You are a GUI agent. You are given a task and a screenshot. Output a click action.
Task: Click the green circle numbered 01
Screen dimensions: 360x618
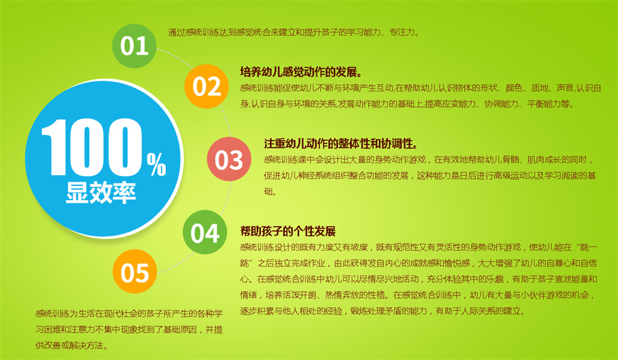(x=135, y=46)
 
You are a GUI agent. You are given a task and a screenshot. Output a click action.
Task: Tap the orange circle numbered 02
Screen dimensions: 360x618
(x=207, y=87)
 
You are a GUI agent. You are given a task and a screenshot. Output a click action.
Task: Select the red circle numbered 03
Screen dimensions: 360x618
(x=229, y=159)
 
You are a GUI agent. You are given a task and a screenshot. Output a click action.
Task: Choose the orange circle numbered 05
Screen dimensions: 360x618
(x=135, y=273)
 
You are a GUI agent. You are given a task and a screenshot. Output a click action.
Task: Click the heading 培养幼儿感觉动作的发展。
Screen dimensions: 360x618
(x=301, y=72)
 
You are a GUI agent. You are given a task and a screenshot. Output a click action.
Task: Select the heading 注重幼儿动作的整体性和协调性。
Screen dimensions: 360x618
(x=341, y=144)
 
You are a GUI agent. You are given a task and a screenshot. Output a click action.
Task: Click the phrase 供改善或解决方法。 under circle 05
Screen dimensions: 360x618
(x=71, y=346)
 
